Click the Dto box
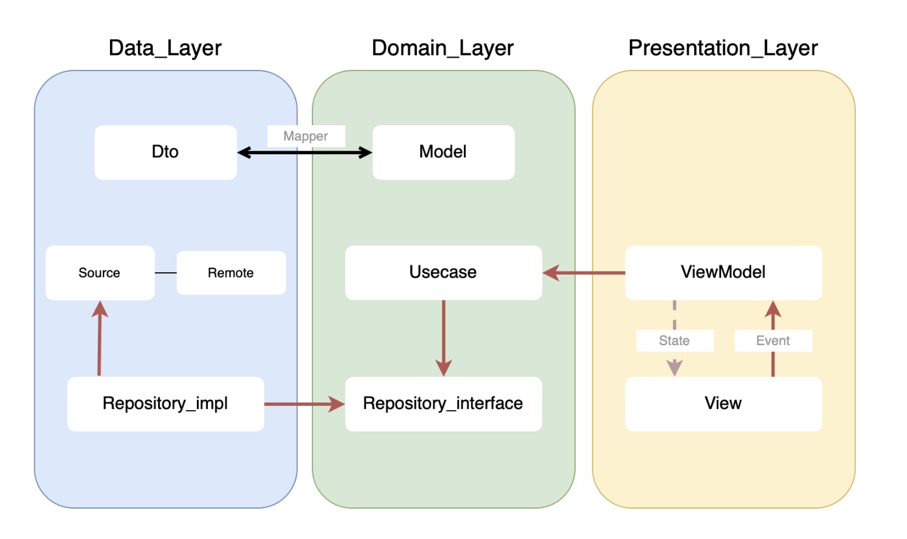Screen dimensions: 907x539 (x=165, y=153)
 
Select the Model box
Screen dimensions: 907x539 (x=443, y=153)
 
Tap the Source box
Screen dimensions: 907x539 (x=100, y=273)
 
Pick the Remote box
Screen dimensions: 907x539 (x=231, y=273)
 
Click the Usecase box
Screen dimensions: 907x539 (x=443, y=273)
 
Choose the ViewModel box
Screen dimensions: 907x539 (x=723, y=273)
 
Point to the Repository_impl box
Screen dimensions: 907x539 (x=165, y=404)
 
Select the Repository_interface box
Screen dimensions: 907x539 (x=443, y=404)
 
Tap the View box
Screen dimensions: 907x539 (x=723, y=404)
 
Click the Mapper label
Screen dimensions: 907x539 (x=306, y=136)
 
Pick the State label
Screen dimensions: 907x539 (x=675, y=341)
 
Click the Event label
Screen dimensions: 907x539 (x=773, y=341)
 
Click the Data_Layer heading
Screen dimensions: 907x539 (x=165, y=48)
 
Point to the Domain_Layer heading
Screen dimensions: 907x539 (x=443, y=48)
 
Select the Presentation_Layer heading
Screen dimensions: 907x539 (x=723, y=48)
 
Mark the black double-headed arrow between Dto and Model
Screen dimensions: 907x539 (x=305, y=153)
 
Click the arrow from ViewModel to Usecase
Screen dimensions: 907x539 (x=584, y=273)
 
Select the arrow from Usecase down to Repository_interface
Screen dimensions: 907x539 (x=444, y=338)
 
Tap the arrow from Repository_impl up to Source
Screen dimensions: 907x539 (x=100, y=338)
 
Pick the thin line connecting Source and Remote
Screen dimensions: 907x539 (x=165, y=273)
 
